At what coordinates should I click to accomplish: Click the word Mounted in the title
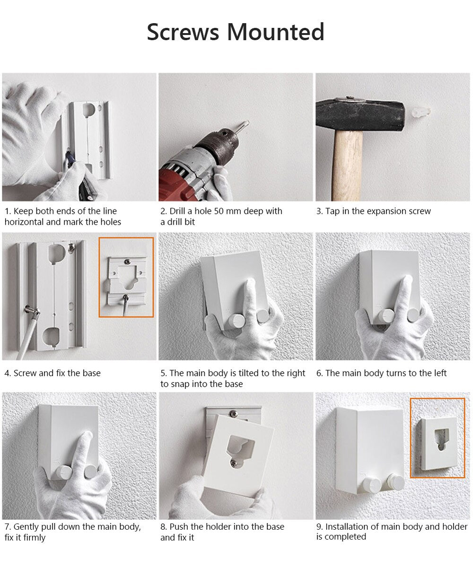pyautogui.click(x=276, y=32)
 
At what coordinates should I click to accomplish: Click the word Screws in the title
pyautogui.click(x=183, y=32)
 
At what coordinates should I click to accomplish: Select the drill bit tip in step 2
pyautogui.click(x=246, y=122)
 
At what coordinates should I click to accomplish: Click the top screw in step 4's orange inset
pyautogui.click(x=127, y=261)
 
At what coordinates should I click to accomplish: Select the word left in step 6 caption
pyautogui.click(x=440, y=373)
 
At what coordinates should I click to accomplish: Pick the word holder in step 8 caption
pyautogui.click(x=216, y=526)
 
